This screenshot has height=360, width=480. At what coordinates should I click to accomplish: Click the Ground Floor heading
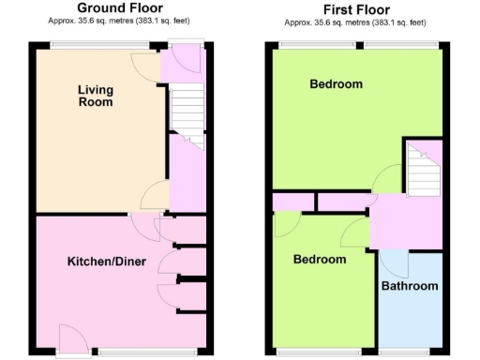tap(119, 8)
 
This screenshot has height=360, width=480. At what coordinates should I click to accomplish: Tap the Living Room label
tap(96, 96)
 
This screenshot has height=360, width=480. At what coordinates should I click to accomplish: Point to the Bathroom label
tap(410, 286)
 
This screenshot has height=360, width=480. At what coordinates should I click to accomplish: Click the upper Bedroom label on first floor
tap(336, 84)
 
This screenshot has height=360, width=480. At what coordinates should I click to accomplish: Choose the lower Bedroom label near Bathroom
tap(320, 260)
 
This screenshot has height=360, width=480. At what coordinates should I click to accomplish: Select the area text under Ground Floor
tap(119, 22)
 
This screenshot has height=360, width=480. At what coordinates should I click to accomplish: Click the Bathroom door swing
tap(392, 263)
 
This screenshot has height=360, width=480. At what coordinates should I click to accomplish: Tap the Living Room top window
tap(92, 44)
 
